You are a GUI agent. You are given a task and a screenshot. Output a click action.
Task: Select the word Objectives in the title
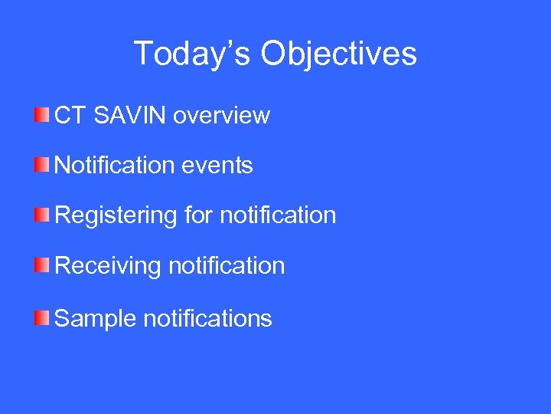coord(338,54)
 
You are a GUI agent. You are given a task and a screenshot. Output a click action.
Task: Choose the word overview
coord(221,116)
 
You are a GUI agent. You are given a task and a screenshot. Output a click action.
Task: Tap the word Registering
coord(116,215)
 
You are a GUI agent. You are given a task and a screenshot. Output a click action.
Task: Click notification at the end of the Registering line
coord(278,215)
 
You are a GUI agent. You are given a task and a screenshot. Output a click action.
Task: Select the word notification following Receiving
coord(226,266)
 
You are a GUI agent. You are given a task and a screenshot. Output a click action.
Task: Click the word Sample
coord(96,317)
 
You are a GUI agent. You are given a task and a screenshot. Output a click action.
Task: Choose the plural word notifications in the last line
coord(207,317)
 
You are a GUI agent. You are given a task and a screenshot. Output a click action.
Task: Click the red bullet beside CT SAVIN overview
coord(41,115)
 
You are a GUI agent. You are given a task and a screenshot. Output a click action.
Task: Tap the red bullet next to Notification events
coord(41,164)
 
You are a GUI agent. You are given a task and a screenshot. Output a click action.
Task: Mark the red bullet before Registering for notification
coord(41,215)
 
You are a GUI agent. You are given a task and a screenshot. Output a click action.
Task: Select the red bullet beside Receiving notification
coord(41,265)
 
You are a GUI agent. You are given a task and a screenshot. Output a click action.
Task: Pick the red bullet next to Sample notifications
coord(41,317)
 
